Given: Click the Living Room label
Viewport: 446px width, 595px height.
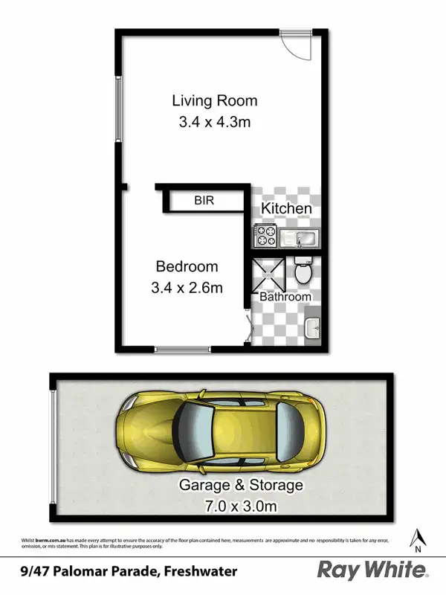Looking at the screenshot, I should pyautogui.click(x=215, y=100).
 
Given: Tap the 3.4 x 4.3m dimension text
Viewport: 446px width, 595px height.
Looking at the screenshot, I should pyautogui.click(x=215, y=121).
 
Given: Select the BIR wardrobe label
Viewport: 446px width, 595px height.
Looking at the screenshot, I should pyautogui.click(x=204, y=200).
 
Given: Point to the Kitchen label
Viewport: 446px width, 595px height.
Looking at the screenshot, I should pyautogui.click(x=286, y=208).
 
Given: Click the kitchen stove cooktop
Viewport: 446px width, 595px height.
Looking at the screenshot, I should pyautogui.click(x=265, y=237).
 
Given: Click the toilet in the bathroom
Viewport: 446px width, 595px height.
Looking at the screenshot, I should pyautogui.click(x=303, y=271).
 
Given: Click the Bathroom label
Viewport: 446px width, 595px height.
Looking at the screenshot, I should pyautogui.click(x=285, y=297).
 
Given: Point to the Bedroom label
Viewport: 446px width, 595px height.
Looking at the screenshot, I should pyautogui.click(x=187, y=266).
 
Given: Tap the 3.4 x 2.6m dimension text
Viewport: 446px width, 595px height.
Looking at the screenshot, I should pyautogui.click(x=187, y=287).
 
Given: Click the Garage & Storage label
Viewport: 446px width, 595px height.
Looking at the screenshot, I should pyautogui.click(x=241, y=486).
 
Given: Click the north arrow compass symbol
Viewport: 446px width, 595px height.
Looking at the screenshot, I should pyautogui.click(x=418, y=538).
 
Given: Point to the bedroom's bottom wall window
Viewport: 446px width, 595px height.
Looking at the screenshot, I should pyautogui.click(x=183, y=350).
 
